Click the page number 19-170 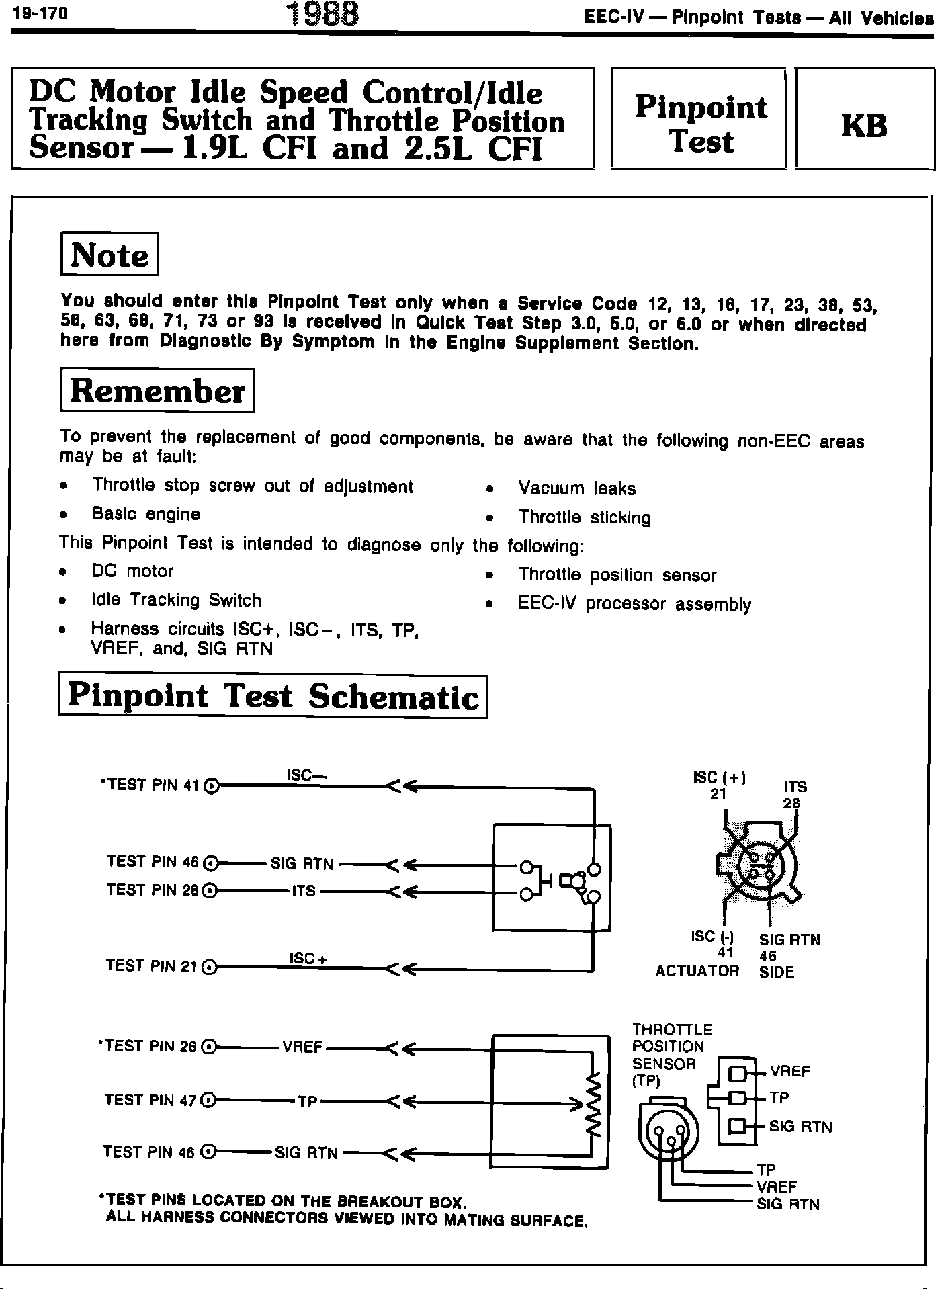point(40,15)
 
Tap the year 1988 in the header point(322,15)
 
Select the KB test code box point(864,126)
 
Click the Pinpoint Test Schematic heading point(273,697)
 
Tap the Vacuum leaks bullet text point(576,488)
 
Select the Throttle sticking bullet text point(584,517)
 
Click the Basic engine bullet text point(146,515)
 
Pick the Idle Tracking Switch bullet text point(176,600)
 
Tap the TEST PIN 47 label point(150,1100)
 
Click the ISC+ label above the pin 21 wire point(308,958)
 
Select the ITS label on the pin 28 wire point(304,891)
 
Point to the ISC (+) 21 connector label point(719,785)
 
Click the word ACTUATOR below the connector point(697,971)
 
